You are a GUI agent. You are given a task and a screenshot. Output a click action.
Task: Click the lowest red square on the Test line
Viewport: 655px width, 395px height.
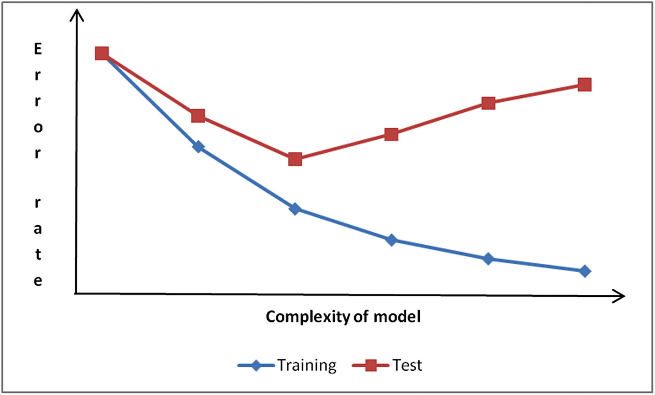pos(295,159)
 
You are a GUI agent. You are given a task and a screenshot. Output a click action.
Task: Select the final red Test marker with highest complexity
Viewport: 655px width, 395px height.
pos(584,85)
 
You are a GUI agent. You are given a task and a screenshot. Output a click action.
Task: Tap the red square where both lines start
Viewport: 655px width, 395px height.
pos(102,54)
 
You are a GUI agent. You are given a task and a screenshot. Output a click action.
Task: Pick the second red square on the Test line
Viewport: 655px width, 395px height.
pos(198,115)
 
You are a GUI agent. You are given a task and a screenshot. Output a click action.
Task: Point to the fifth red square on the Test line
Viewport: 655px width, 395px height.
pos(488,103)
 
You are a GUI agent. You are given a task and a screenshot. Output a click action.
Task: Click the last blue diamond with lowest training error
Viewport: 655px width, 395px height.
pos(585,271)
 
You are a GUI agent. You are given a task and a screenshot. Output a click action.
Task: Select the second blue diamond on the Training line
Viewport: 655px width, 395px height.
pos(198,146)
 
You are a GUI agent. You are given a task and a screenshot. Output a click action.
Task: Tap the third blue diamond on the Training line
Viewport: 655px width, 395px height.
pos(295,209)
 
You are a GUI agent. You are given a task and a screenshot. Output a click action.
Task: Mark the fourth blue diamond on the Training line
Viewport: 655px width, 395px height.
pos(391,240)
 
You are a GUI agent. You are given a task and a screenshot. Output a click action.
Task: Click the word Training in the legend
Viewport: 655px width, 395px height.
pos(307,365)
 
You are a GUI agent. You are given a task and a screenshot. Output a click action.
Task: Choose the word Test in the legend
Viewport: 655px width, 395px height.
pos(407,365)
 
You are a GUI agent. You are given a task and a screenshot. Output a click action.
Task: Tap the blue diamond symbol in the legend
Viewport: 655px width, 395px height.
pos(256,366)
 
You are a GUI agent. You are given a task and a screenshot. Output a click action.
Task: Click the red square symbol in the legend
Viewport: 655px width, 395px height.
pos(371,366)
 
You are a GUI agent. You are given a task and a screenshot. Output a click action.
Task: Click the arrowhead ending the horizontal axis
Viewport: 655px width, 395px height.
pos(620,296)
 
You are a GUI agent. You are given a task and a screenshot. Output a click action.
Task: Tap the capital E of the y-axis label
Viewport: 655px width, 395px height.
pos(38,49)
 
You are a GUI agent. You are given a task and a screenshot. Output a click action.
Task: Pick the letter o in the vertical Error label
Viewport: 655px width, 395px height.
pos(38,128)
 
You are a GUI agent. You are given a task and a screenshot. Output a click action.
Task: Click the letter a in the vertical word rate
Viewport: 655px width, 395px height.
pos(38,229)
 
